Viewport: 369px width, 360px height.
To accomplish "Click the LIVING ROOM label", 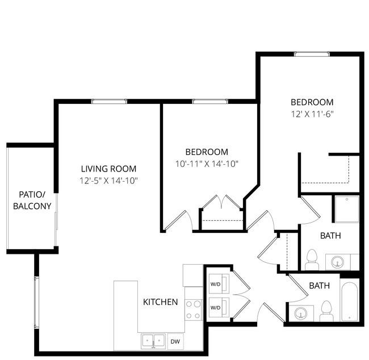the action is (108, 169).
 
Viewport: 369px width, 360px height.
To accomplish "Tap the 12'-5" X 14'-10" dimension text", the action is (108, 181).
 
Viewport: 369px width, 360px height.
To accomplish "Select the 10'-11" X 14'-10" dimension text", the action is (207, 164).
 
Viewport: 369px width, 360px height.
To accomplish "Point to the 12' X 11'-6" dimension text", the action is (312, 114).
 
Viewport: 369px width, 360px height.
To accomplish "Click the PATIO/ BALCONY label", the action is (32, 200).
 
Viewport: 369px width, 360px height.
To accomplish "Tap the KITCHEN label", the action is (160, 302).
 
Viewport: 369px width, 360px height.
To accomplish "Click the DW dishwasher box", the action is (175, 341).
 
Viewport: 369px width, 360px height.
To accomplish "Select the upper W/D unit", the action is (219, 284).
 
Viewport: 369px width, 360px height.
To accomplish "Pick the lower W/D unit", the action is (219, 307).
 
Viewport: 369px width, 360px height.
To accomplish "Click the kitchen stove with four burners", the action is (194, 310).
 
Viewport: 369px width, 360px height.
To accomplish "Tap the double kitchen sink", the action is (153, 341).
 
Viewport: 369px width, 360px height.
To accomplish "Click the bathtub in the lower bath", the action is (350, 302).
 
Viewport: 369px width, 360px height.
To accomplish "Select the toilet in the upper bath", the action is (312, 259).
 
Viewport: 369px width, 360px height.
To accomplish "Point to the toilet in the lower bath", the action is (326, 311).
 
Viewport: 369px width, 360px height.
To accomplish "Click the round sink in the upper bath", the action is (337, 262).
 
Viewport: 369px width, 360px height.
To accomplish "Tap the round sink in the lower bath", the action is (301, 313).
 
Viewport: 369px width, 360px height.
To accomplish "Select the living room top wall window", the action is (109, 102).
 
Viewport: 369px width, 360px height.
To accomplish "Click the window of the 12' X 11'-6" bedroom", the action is (312, 54).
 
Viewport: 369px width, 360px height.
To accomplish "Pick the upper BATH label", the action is (330, 236).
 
